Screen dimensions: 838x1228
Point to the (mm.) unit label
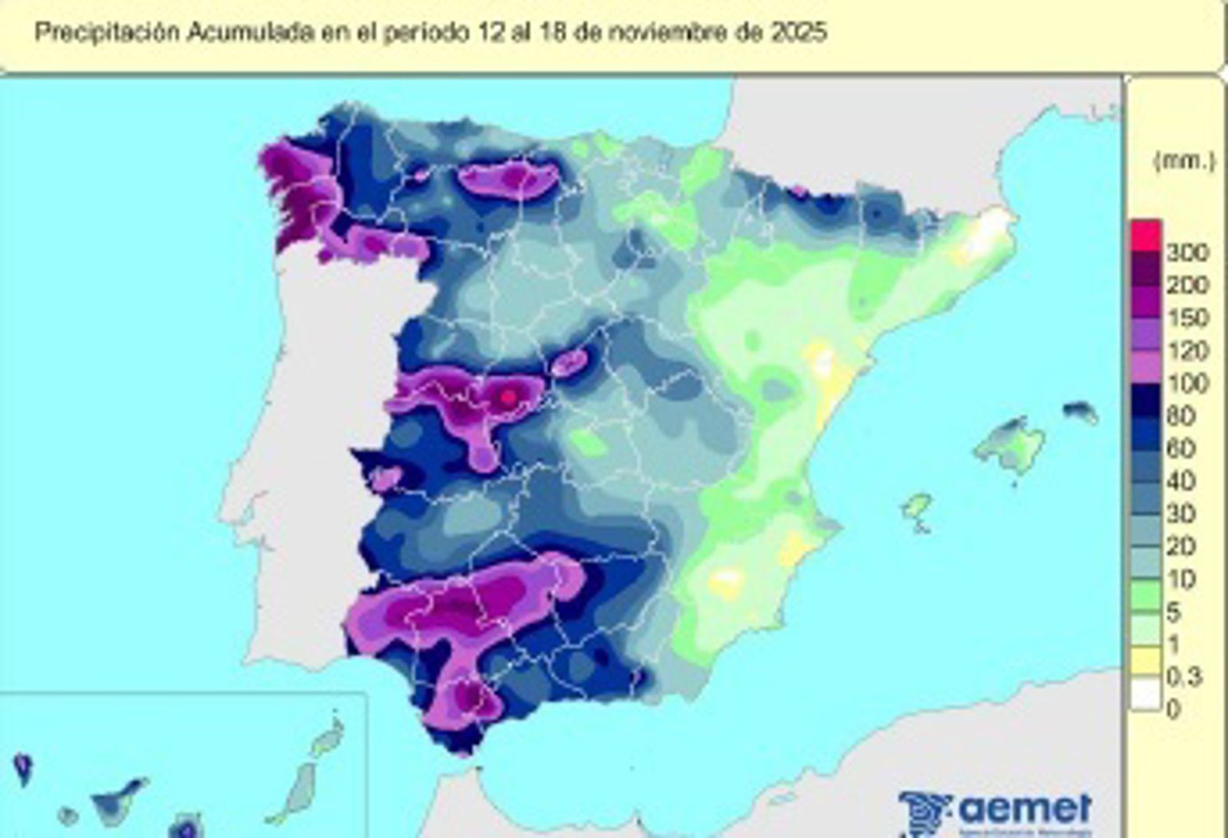[x=1184, y=162]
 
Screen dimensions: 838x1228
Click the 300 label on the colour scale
[x=1187, y=252]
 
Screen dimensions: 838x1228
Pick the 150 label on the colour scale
[x=1187, y=317]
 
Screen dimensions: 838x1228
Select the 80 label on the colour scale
[x=1180, y=415]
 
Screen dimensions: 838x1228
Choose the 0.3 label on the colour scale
[x=1183, y=676]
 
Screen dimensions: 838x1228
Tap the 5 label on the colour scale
[x=1174, y=612]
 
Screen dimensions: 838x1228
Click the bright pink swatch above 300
[x=1146, y=235]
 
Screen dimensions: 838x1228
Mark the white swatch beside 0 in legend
[x=1146, y=696]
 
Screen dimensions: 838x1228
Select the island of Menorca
[x=1081, y=412]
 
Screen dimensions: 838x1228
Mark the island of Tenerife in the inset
[x=119, y=800]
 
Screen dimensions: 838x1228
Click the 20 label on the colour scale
[x=1180, y=546]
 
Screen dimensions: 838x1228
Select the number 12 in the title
[x=487, y=33]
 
